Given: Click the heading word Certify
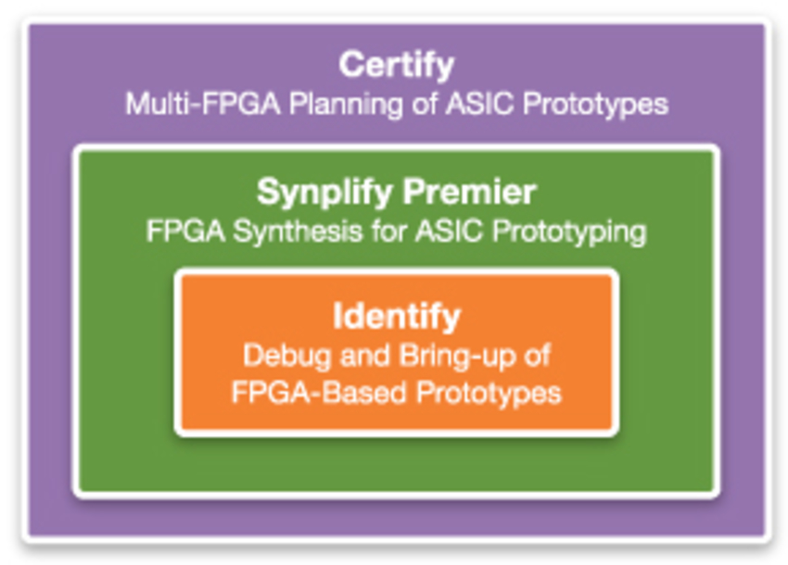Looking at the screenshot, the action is [x=397, y=65].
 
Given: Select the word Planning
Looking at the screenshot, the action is [x=346, y=105].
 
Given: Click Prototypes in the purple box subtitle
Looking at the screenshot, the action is [x=595, y=105].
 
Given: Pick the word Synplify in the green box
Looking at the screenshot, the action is [x=324, y=193].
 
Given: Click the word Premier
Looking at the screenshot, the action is [x=469, y=192].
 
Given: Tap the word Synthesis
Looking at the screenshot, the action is [x=298, y=232].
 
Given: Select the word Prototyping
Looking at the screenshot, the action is [x=569, y=232].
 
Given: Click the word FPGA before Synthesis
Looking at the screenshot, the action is [x=185, y=231].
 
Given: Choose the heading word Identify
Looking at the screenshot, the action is [x=397, y=317].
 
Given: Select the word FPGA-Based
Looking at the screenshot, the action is [x=319, y=392].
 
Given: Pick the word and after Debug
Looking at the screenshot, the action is [x=365, y=356].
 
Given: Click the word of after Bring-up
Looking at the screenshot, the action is [x=538, y=356].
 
